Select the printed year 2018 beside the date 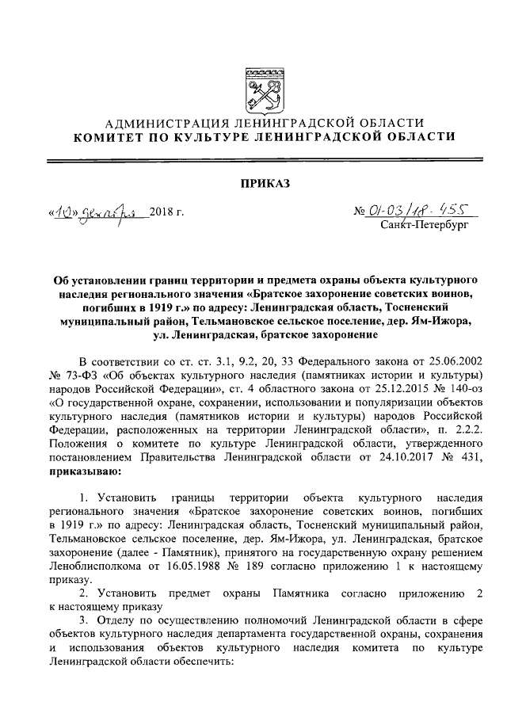(165, 213)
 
